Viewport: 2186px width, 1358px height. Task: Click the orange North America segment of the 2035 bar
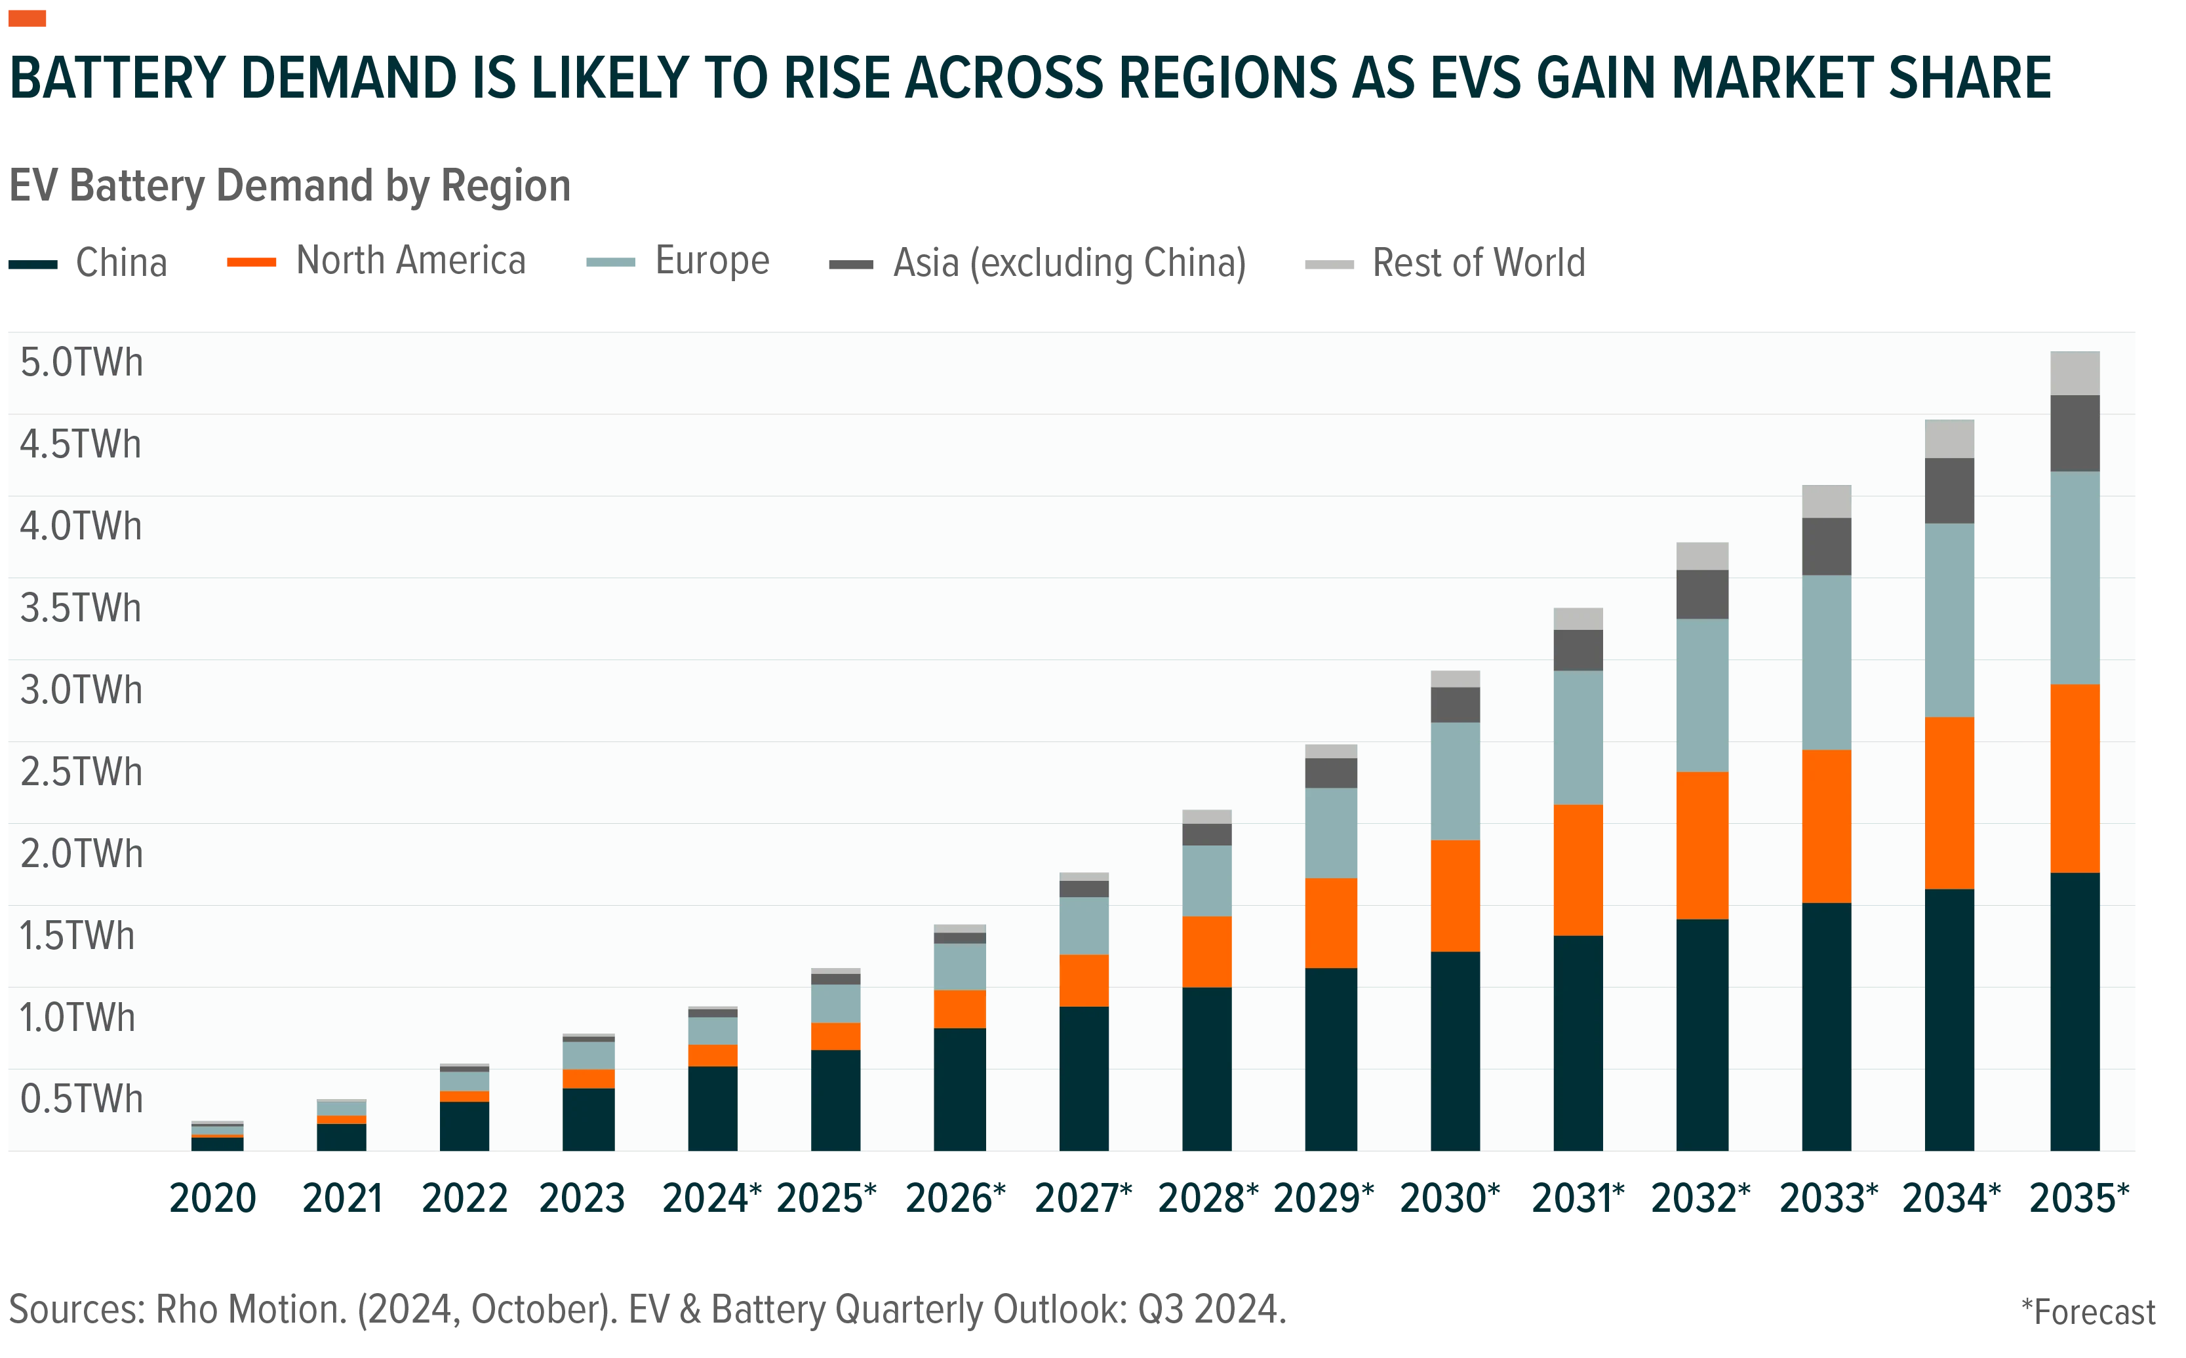point(2075,779)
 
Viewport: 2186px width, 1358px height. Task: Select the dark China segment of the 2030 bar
point(1455,1051)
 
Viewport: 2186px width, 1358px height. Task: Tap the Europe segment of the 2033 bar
point(1827,663)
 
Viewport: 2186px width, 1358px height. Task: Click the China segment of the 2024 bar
point(713,1108)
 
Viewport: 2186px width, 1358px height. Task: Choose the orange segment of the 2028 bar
point(1206,952)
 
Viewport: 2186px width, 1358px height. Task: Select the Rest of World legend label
point(1479,263)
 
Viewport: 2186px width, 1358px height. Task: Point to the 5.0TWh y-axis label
point(81,363)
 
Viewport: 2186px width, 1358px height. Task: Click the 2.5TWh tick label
point(81,773)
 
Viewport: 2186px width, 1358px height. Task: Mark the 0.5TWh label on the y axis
point(81,1099)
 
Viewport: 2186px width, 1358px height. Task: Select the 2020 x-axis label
point(213,1199)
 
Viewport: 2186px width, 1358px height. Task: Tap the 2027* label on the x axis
point(1084,1199)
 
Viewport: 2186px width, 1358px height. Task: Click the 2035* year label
point(2079,1199)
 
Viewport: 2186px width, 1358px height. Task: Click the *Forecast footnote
point(2088,1312)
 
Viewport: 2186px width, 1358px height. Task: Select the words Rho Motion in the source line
point(250,1309)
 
